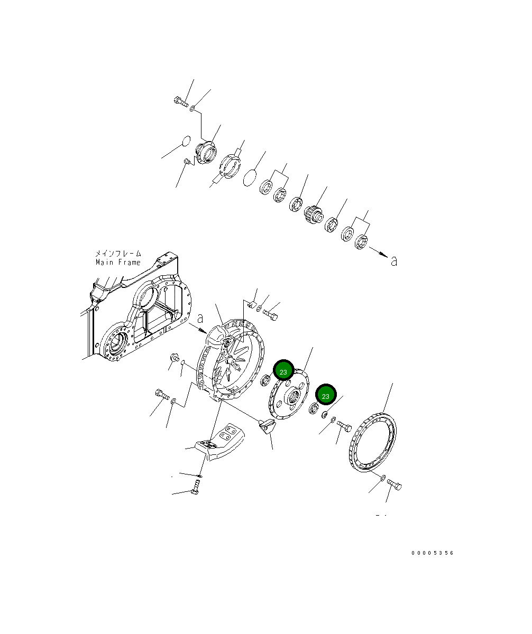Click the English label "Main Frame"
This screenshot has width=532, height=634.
(118, 262)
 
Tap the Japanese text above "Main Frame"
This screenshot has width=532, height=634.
(118, 254)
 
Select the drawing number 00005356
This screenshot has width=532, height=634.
(432, 553)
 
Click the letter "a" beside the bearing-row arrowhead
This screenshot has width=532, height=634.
(393, 260)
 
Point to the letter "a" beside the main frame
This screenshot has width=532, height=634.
(200, 319)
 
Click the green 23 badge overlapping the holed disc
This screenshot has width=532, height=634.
(283, 371)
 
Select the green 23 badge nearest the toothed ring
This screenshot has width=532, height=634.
(326, 396)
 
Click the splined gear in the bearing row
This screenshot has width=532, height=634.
(313, 213)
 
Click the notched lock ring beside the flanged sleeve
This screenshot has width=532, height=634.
(230, 165)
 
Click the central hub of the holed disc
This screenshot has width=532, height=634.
(293, 396)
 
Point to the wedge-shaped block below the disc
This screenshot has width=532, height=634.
(267, 425)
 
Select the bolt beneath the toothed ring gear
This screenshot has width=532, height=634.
(395, 484)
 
